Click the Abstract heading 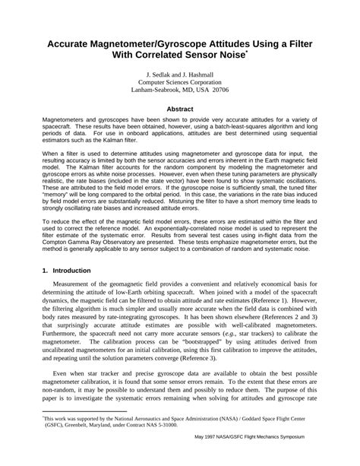179,109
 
